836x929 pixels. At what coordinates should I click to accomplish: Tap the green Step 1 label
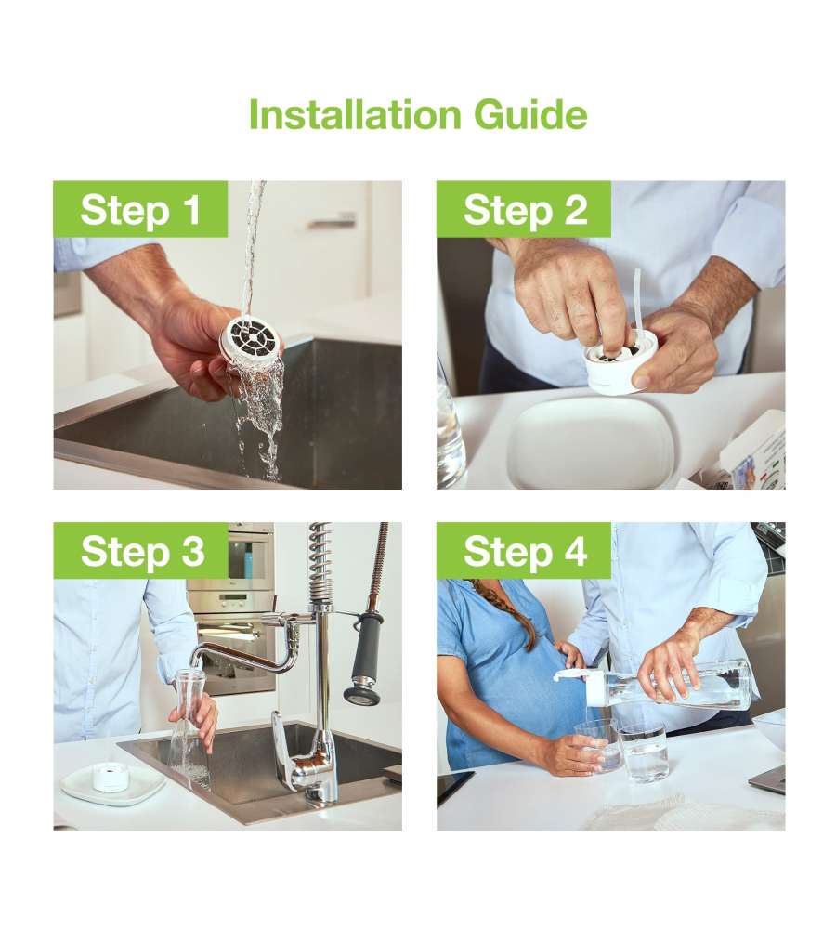point(140,209)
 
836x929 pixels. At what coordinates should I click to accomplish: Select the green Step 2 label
point(524,209)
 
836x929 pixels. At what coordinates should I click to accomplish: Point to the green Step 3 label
point(140,550)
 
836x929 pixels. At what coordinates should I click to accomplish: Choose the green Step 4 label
point(524,550)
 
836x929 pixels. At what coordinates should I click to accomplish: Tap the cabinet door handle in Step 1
point(332,222)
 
